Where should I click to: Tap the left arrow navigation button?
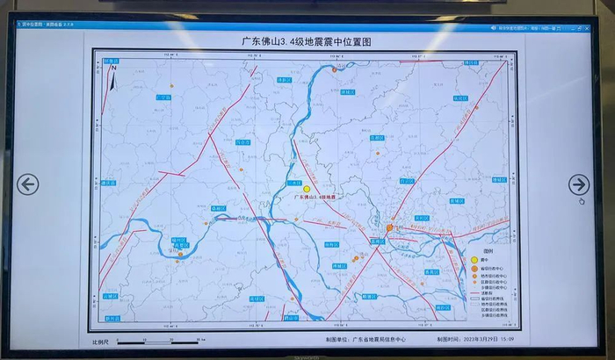pos(27,184)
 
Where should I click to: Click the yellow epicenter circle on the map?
pos(307,189)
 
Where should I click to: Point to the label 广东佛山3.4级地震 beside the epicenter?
pos(316,197)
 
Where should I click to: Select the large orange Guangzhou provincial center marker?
pos(389,228)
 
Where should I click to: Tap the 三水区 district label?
pos(294,181)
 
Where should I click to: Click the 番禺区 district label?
pos(430,271)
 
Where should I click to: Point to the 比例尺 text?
pos(101,341)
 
